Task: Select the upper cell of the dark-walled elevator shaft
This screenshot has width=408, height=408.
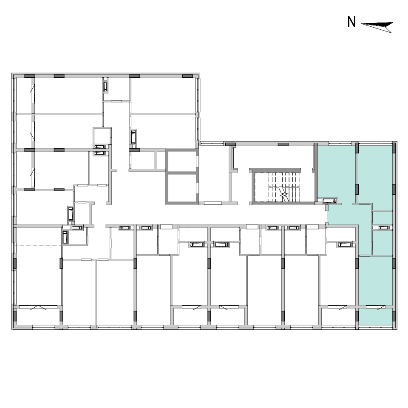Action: [181, 161]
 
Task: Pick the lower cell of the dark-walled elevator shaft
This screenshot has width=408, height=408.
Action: [181, 188]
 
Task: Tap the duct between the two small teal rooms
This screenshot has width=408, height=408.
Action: [383, 228]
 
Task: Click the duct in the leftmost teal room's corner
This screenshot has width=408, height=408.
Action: [330, 201]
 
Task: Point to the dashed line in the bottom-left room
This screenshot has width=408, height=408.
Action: [39, 245]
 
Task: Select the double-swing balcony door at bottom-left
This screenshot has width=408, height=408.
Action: [38, 308]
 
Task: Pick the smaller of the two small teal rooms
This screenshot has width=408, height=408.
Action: [382, 218]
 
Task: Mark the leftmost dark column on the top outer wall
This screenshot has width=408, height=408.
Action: [30, 76]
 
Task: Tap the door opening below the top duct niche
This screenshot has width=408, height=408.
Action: [116, 101]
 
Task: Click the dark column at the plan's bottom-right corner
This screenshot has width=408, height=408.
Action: [394, 316]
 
